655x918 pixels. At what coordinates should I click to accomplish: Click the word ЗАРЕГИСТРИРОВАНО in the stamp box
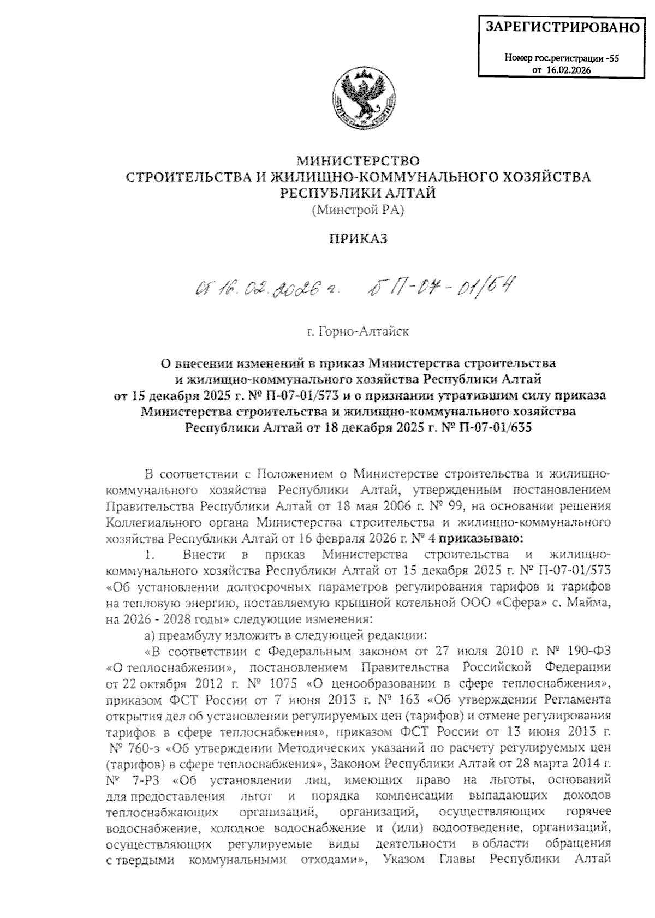pos(562,26)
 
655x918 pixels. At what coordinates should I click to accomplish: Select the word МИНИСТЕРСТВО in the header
pos(358,161)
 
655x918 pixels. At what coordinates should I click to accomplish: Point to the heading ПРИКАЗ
pos(358,239)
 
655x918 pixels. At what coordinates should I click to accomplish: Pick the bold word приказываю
pos(481,539)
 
